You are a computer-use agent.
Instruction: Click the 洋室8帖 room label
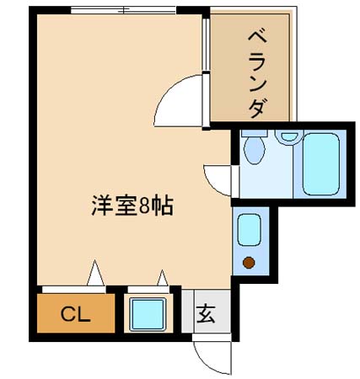[x=132, y=206]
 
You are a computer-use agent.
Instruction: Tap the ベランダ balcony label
[x=257, y=74]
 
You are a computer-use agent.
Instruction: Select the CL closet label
[x=75, y=314]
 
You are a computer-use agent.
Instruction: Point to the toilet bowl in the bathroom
[x=255, y=150]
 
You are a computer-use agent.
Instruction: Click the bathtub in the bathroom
[x=321, y=164]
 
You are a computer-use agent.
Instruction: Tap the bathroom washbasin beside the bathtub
[x=289, y=136]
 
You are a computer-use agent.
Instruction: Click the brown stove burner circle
[x=249, y=263]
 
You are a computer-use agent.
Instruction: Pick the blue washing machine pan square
[x=148, y=314]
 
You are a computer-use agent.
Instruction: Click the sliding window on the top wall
[x=123, y=10]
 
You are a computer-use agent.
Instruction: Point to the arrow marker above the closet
[x=95, y=273]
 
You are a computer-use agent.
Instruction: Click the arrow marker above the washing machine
[x=163, y=278]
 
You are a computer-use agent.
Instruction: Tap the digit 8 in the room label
[x=143, y=207]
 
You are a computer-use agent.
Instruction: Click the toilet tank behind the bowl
[x=254, y=133]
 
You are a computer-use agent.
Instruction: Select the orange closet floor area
[x=76, y=313]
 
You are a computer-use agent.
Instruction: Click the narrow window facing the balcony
[x=206, y=44]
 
